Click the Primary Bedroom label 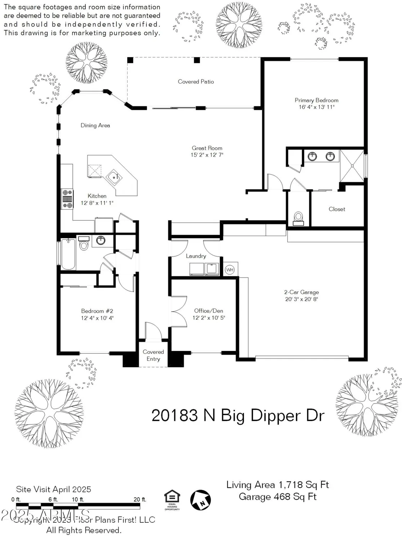click(x=316, y=100)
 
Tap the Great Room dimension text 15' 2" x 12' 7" click(x=207, y=155)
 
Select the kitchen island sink click(x=114, y=177)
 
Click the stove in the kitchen click(x=67, y=199)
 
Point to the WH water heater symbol click(x=229, y=270)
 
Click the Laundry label click(x=196, y=256)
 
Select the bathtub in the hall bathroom click(x=68, y=254)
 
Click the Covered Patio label click(x=196, y=82)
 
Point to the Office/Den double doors click(x=179, y=311)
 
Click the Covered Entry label click(x=153, y=355)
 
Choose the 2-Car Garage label click(x=301, y=292)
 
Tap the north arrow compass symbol click(x=200, y=500)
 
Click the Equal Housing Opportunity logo click(x=172, y=500)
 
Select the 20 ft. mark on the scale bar click(x=139, y=500)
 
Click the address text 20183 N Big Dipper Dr click(x=238, y=415)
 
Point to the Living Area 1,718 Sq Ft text click(x=277, y=485)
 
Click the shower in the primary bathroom click(x=352, y=166)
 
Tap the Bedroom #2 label click(x=97, y=311)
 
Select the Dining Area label click(x=95, y=125)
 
